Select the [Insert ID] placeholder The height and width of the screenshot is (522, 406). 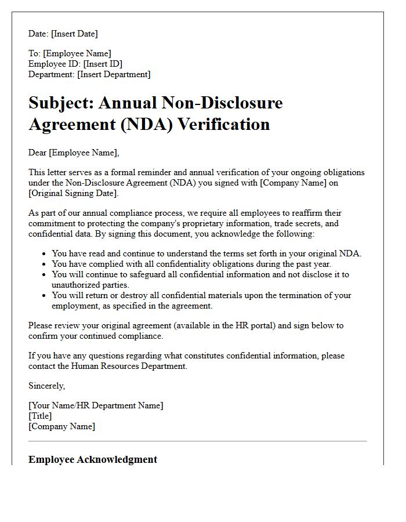coord(103,64)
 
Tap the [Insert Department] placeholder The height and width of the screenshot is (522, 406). coord(114,74)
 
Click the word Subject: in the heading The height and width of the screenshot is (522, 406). coord(61,103)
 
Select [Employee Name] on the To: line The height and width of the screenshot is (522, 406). coord(77,54)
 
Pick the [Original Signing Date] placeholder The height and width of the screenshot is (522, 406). coord(73,193)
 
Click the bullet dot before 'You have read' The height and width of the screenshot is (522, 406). coord(45,253)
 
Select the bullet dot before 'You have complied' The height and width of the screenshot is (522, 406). coord(45,264)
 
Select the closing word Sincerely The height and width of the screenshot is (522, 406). coord(46,386)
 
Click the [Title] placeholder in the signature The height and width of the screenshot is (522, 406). coord(40,416)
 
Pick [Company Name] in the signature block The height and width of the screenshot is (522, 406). coord(61,426)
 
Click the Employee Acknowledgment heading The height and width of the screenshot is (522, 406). coord(93,459)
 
